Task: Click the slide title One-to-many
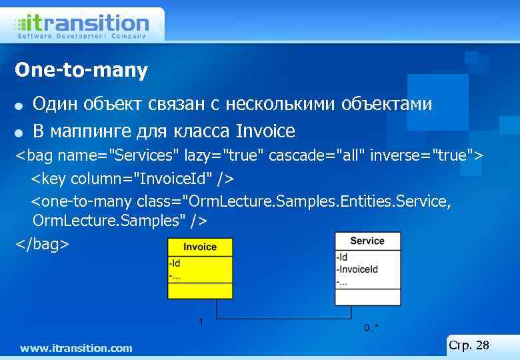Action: click(x=81, y=70)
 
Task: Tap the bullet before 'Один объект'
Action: click(x=19, y=106)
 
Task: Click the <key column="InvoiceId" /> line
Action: click(x=133, y=179)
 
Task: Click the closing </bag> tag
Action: click(x=42, y=244)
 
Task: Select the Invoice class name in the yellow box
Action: click(x=200, y=247)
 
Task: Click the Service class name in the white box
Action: click(x=367, y=241)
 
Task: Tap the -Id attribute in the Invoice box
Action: click(x=175, y=263)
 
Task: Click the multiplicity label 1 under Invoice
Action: click(x=201, y=322)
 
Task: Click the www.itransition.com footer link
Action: click(x=76, y=348)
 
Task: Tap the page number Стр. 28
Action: click(x=469, y=345)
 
